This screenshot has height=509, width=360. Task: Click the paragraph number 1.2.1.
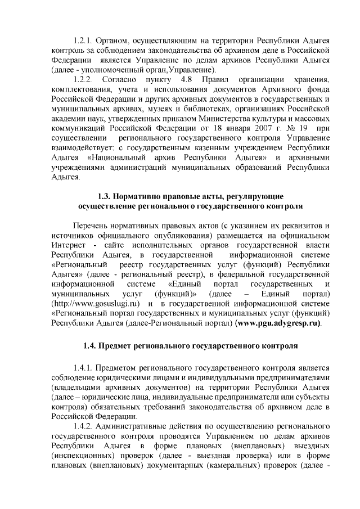[x=84, y=42]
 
